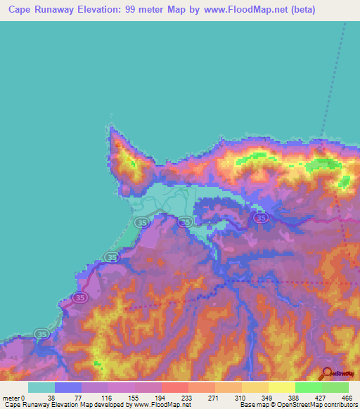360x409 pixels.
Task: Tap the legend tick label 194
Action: tap(157, 398)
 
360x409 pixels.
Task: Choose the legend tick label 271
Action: tap(211, 398)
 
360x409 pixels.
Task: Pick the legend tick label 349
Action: tap(266, 398)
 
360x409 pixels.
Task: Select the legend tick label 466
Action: tap(347, 398)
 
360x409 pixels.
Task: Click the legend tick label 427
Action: tap(320, 398)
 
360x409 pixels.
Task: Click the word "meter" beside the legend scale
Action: tap(11, 398)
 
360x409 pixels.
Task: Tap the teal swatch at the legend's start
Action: tap(41, 387)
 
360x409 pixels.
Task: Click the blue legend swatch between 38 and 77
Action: tap(68, 387)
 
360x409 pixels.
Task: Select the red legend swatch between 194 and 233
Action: tap(175, 387)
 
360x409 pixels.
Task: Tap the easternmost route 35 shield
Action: tap(261, 219)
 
